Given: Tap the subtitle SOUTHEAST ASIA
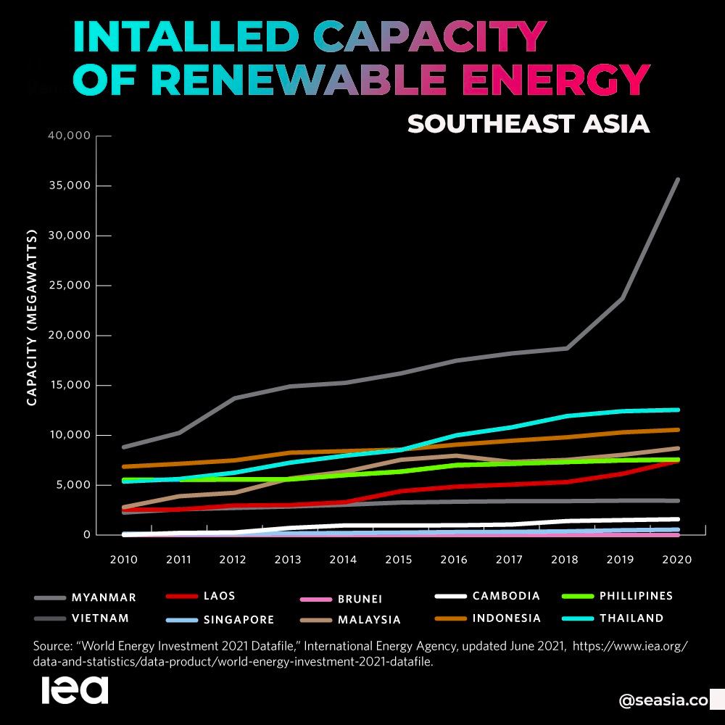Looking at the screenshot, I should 528,123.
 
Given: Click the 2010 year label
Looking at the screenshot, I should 124,560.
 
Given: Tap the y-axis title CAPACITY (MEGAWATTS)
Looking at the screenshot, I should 32,319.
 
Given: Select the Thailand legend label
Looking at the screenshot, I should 631,618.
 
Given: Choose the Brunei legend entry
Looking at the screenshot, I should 360,600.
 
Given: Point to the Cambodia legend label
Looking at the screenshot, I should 506,596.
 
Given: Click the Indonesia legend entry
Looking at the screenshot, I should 507,618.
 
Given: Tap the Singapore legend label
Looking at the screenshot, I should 240,620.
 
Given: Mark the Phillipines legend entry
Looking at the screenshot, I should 636,596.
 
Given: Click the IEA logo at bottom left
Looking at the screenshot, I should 75,690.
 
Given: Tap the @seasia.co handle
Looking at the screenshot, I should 663,700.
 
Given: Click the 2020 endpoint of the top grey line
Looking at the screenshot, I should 678,179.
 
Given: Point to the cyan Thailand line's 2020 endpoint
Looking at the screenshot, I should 678,410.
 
